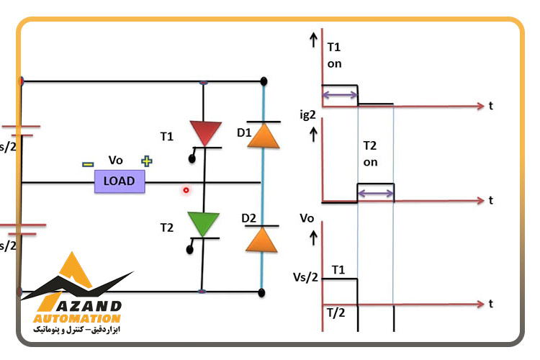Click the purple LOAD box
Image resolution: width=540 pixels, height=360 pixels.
(120, 181)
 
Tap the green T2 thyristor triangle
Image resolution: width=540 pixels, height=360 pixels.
(203, 224)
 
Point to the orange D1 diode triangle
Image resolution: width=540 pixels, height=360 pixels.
(264, 136)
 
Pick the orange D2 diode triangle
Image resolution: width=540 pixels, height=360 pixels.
(261, 240)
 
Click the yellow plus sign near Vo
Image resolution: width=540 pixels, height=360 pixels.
(147, 161)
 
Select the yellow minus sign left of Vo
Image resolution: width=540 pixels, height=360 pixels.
(88, 164)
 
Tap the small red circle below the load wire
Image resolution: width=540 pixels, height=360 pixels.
(186, 190)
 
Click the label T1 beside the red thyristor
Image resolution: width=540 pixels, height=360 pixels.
(167, 137)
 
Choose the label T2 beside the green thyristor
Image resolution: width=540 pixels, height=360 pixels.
(167, 228)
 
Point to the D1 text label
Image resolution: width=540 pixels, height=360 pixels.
(244, 132)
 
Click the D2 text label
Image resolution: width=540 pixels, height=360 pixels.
(248, 218)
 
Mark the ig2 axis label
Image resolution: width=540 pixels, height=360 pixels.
(307, 114)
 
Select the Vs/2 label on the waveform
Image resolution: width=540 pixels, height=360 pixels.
(305, 277)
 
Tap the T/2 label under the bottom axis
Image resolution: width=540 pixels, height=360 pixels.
(336, 312)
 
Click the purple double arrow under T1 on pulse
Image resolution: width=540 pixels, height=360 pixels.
(341, 95)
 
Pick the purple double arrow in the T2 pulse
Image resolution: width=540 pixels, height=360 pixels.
(376, 193)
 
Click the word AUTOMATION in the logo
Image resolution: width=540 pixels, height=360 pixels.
(77, 318)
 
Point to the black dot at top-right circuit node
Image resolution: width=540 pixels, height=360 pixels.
(264, 81)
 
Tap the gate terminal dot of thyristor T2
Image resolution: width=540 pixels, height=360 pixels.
(190, 250)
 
